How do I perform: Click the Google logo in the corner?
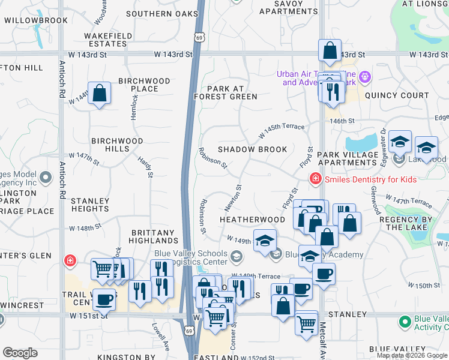[20, 353]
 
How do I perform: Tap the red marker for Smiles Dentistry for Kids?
[314, 179]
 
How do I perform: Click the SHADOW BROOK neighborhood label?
[252, 149]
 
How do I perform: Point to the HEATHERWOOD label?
[252, 220]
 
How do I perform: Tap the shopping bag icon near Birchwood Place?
[100, 94]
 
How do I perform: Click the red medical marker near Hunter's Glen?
[70, 260]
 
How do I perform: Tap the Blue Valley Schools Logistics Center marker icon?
[236, 257]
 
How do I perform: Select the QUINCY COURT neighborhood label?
[396, 95]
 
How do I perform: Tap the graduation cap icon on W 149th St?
[265, 240]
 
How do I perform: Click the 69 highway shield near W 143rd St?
[199, 37]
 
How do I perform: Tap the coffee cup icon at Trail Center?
[104, 298]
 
